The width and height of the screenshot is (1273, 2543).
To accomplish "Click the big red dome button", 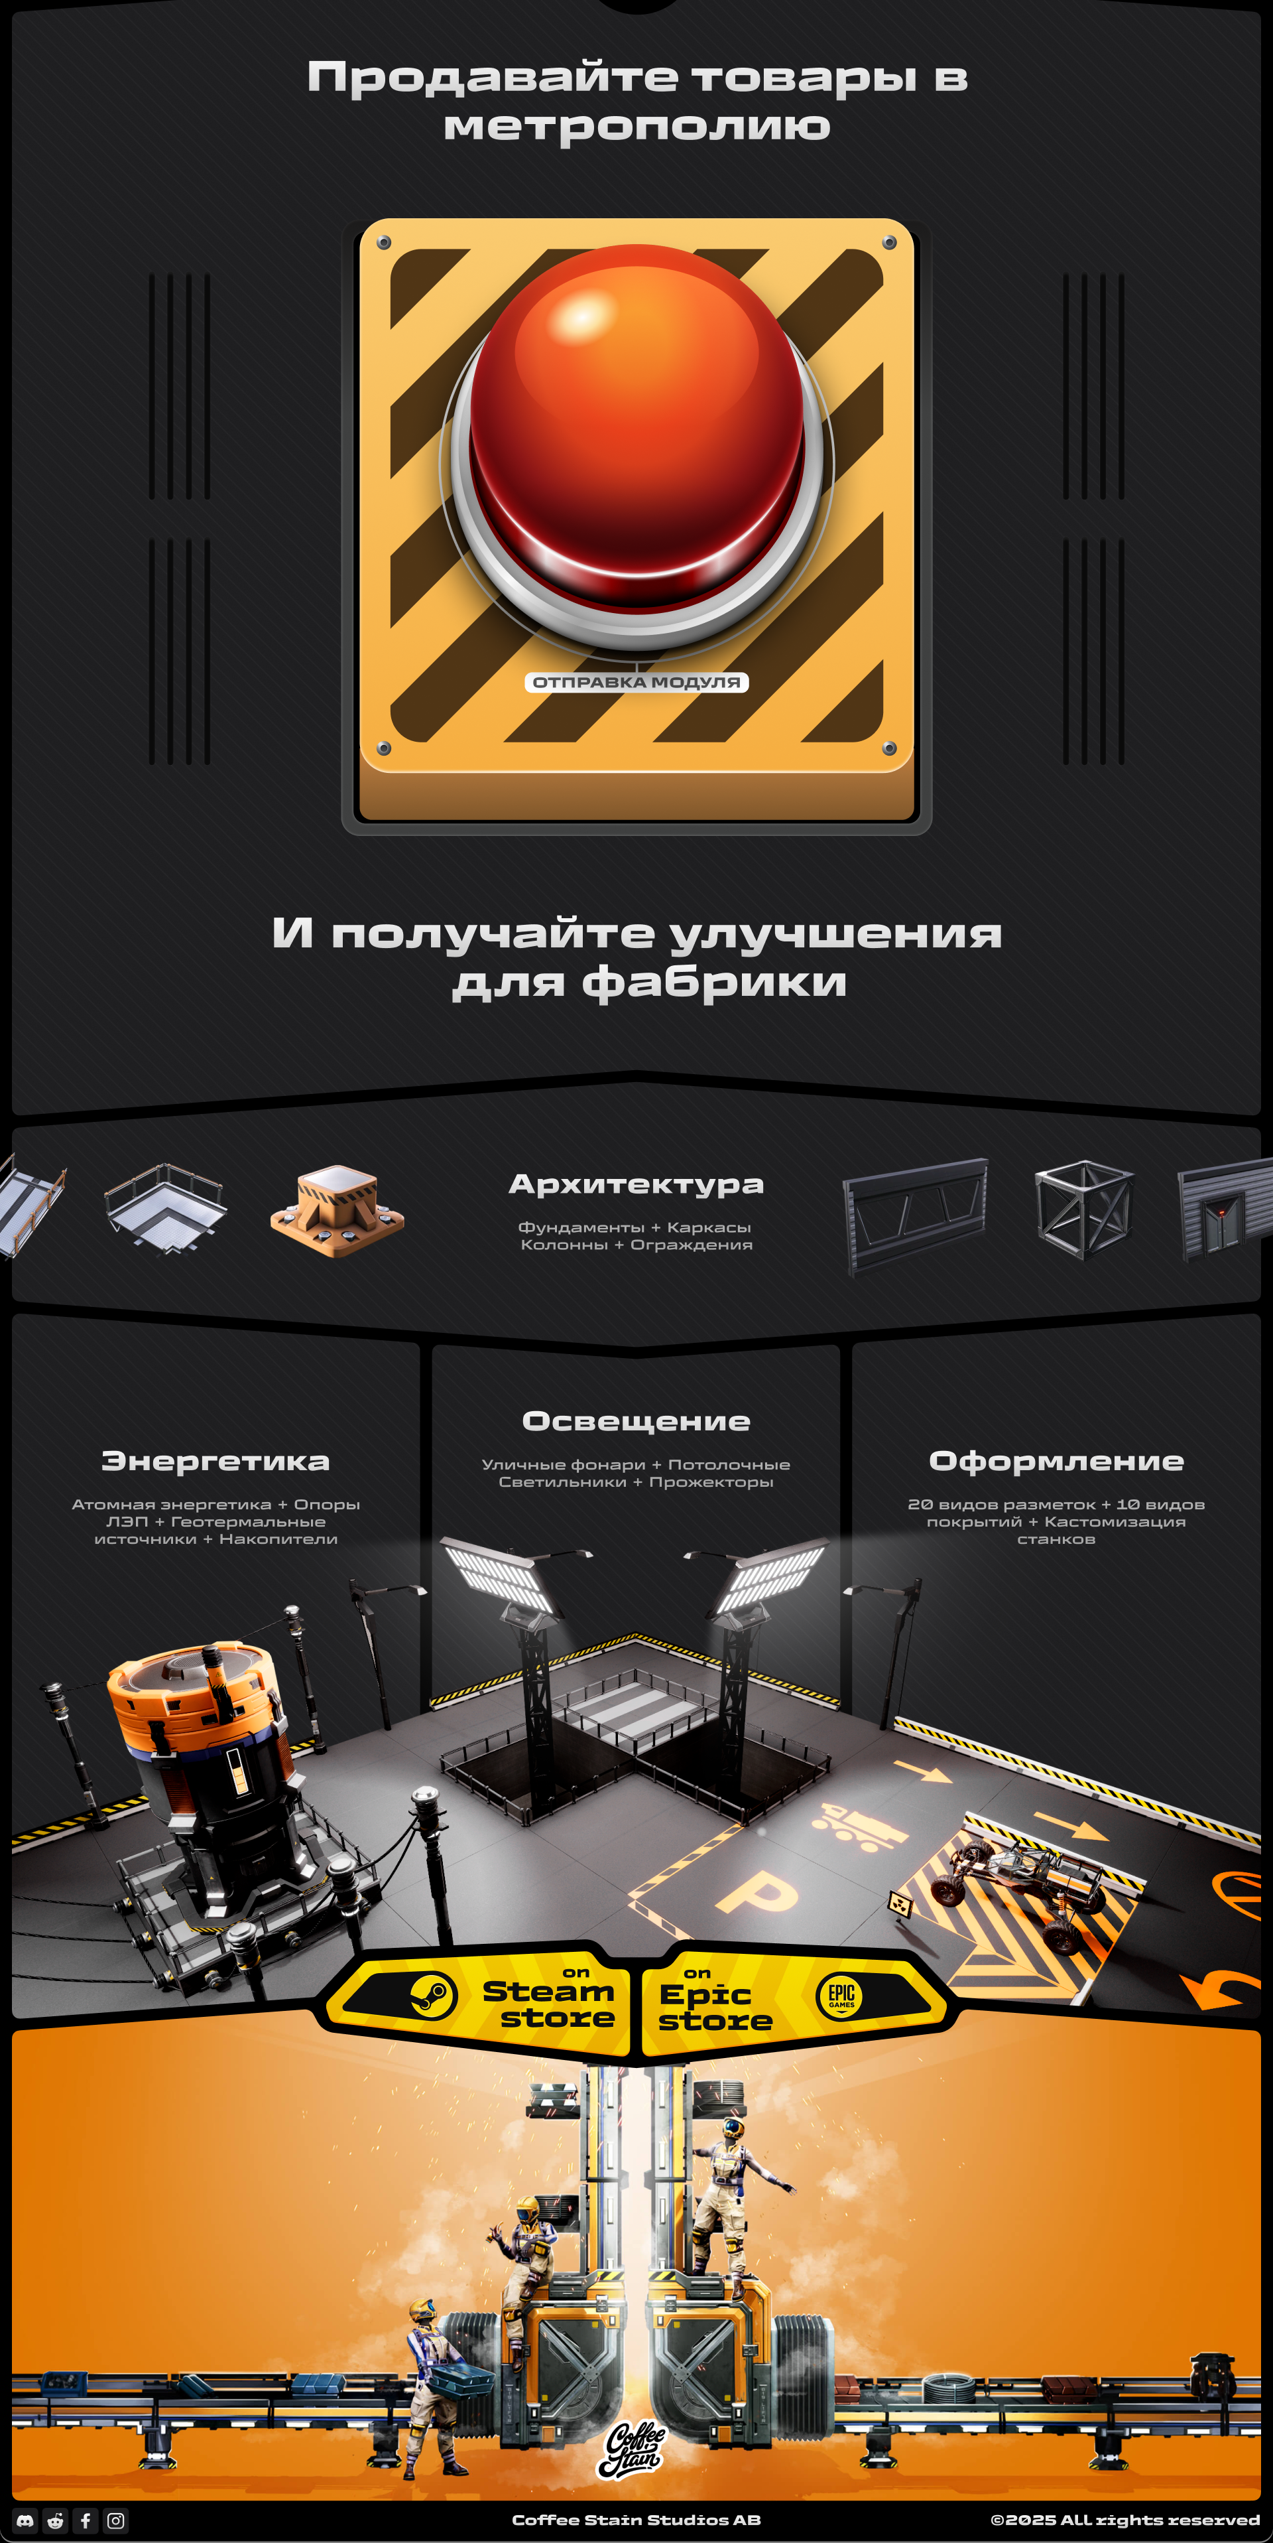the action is tap(636, 435).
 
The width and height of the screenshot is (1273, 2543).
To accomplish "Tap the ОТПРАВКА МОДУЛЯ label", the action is tap(636, 682).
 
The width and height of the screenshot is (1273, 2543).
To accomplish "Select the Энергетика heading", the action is tap(215, 1461).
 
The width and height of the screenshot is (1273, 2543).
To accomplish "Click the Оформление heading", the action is tap(1056, 1461).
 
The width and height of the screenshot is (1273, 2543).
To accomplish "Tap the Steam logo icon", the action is tap(432, 1996).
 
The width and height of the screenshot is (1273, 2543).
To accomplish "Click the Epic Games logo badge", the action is tap(841, 1996).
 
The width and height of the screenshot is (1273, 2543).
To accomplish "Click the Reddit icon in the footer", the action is tap(55, 2520).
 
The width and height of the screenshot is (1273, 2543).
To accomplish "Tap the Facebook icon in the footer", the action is tap(86, 2520).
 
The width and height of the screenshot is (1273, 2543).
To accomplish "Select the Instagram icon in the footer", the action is tap(115, 2520).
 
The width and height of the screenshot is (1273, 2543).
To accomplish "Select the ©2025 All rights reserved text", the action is tap(1125, 2520).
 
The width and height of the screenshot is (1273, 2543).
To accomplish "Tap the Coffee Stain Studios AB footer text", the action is tap(636, 2520).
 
